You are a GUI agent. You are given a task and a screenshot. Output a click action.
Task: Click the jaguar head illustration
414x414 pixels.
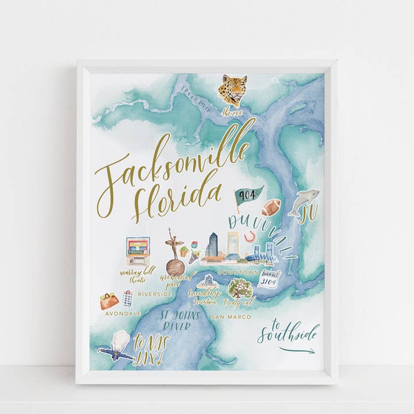[232, 90]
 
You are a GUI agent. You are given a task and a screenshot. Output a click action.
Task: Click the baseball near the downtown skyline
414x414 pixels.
[250, 236]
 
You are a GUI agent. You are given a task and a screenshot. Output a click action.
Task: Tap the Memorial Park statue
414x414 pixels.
[174, 253]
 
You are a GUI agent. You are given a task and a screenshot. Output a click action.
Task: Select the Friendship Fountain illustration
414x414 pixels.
[206, 282]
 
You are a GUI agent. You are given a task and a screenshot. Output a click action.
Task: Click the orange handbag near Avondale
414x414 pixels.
[109, 301]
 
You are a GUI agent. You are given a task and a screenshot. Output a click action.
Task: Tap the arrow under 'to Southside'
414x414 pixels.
[297, 350]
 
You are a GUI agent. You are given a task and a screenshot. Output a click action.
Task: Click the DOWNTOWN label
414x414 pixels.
[237, 272]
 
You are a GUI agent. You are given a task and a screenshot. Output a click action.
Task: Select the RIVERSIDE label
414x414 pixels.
[155, 294]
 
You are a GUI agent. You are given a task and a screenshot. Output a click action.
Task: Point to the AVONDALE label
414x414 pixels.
[123, 313]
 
